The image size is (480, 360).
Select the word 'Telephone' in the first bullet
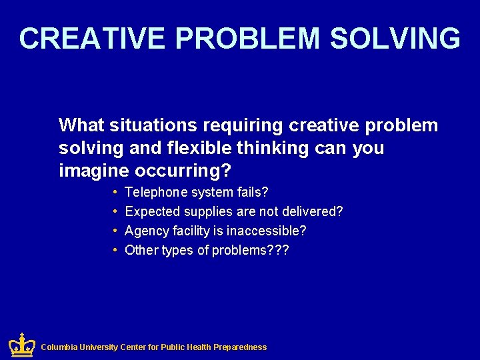tap(156, 193)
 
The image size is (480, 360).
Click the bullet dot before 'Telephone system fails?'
tap(115, 193)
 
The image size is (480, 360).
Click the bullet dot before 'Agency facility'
tap(115, 231)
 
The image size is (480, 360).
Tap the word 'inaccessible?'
tap(267, 231)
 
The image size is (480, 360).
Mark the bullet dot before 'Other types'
tap(115, 250)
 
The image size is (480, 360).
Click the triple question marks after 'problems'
tap(279, 250)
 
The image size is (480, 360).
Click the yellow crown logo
tap(21, 345)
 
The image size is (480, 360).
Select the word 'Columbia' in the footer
tap(59, 347)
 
